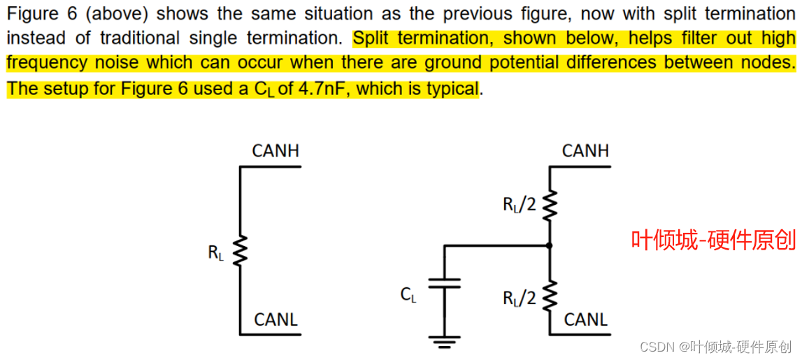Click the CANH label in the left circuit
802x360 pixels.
click(275, 150)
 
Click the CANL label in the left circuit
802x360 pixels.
click(275, 319)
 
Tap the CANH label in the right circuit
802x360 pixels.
click(585, 150)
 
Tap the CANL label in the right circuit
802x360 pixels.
click(585, 319)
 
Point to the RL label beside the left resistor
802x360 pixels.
click(216, 252)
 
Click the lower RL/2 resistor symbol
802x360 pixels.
click(550, 296)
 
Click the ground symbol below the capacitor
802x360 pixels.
click(444, 341)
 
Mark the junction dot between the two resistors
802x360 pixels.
click(550, 245)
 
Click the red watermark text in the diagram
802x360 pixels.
click(713, 241)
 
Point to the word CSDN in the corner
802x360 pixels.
click(655, 346)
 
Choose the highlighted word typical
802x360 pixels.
click(454, 89)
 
